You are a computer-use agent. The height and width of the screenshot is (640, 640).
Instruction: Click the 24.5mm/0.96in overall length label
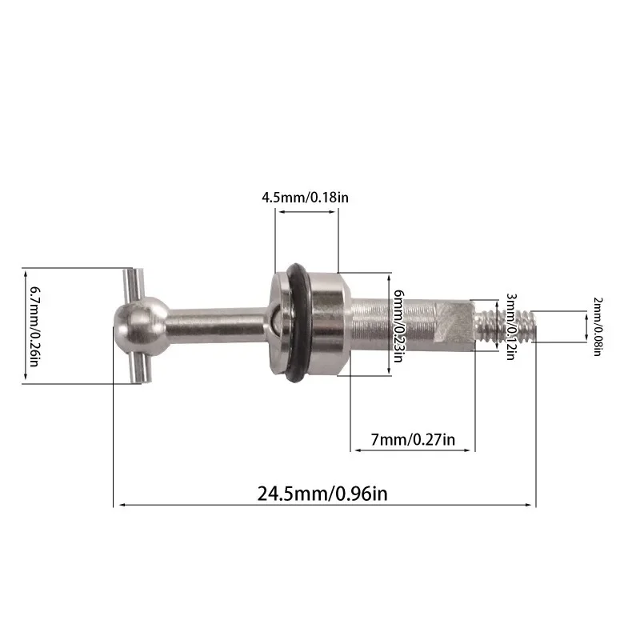pyautogui.click(x=322, y=494)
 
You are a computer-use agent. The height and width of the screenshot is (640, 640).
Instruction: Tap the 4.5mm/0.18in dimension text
pyautogui.click(x=306, y=196)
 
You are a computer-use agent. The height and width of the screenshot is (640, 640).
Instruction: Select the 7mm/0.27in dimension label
pyautogui.click(x=414, y=439)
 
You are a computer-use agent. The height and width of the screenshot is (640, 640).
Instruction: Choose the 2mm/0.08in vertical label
pyautogui.click(x=597, y=326)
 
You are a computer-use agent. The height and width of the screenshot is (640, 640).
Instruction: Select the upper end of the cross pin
pyautogui.click(x=130, y=280)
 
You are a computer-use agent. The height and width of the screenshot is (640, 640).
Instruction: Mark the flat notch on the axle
pyautogui.click(x=458, y=322)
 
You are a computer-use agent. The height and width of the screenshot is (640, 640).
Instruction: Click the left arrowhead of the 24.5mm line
pyautogui.click(x=118, y=505)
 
